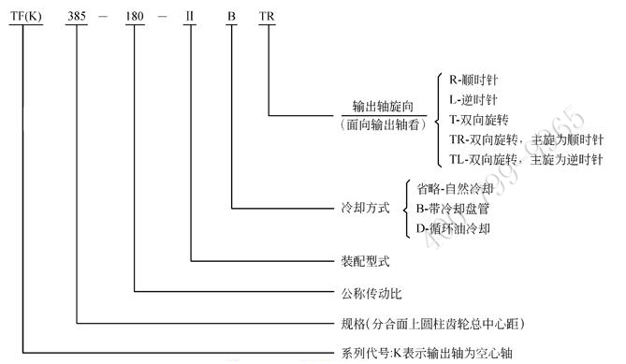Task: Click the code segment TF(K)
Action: coord(24,18)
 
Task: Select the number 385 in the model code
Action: coord(79,18)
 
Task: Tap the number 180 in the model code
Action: coord(136,18)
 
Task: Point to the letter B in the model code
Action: coord(231,18)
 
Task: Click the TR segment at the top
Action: coord(268,18)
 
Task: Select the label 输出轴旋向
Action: coord(382,107)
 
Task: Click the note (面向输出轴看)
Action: coord(382,124)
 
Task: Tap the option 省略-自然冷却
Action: coord(453,188)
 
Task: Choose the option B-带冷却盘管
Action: coord(453,208)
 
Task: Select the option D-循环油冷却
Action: coord(453,227)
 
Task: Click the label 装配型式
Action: coord(359,261)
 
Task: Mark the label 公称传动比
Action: coord(366,293)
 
